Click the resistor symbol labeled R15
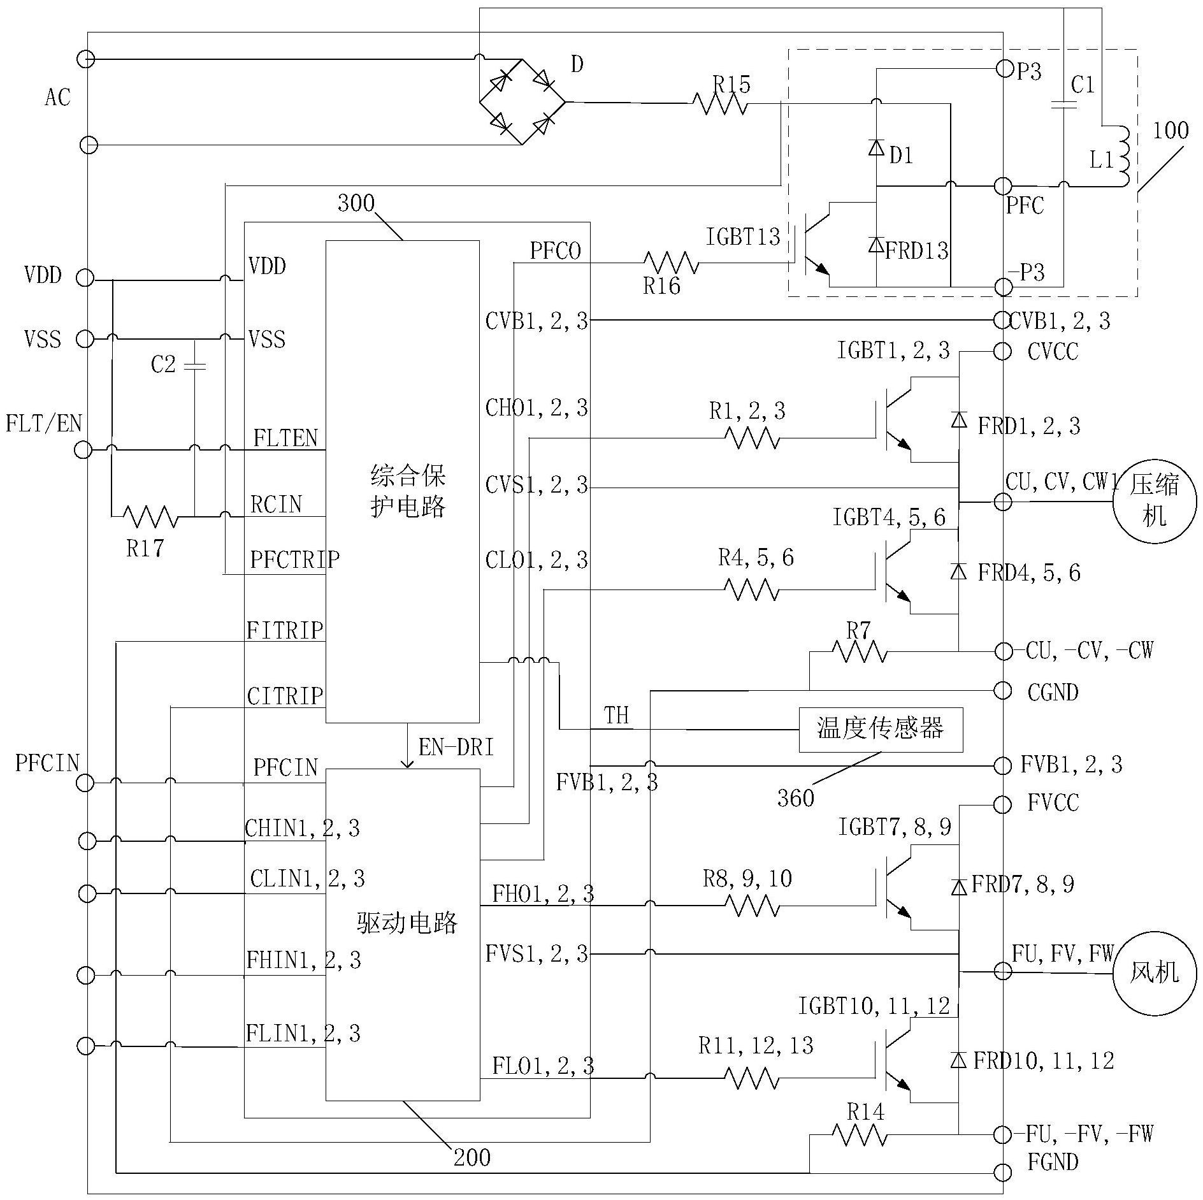[720, 103]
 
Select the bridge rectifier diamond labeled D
[522, 102]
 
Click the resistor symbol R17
[150, 516]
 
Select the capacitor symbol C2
[194, 366]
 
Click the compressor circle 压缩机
[1155, 502]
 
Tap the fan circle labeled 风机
[1155, 972]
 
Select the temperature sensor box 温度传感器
[880, 729]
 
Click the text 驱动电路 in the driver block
[407, 923]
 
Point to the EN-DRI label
[456, 748]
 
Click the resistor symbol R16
[671, 263]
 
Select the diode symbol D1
[877, 148]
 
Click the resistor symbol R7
[859, 651]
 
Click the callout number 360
[795, 798]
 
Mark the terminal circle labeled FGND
[1002, 1171]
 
